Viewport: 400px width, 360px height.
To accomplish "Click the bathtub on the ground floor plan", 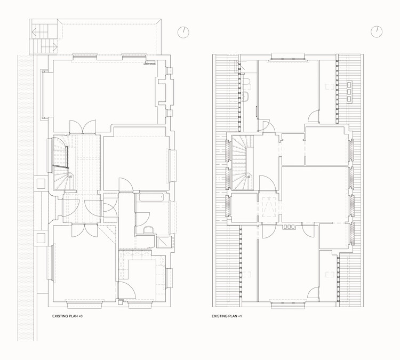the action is pyautogui.click(x=151, y=197).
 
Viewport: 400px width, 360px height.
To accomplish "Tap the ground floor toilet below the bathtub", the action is pyautogui.click(x=148, y=230).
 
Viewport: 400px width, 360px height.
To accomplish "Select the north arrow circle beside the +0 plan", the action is pyautogui.click(x=183, y=33).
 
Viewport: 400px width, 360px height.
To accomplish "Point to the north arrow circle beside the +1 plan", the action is pyautogui.click(x=377, y=32).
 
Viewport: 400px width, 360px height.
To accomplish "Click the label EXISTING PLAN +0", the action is pyautogui.click(x=67, y=316).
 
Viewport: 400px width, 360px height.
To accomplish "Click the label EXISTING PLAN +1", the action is pyautogui.click(x=227, y=316).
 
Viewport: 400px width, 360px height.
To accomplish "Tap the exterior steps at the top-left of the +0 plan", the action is pyautogui.click(x=44, y=37).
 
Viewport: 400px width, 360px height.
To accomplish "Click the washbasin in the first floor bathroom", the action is pyautogui.click(x=246, y=97).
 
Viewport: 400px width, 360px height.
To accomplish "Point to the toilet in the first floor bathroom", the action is pyautogui.click(x=246, y=82).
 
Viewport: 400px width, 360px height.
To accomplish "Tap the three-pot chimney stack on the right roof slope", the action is pyautogui.click(x=349, y=92).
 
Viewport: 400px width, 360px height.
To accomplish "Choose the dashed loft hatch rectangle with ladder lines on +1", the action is pyautogui.click(x=267, y=206).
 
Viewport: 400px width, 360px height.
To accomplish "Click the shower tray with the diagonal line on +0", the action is pyautogui.click(x=163, y=242).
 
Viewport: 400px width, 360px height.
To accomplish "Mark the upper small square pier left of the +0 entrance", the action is pyautogui.click(x=41, y=183).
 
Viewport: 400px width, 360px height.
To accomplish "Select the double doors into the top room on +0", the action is pyautogui.click(x=82, y=127).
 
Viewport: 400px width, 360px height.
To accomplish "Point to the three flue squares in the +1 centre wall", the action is pyautogui.click(x=289, y=227).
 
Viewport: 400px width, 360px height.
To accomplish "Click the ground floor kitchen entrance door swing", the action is pyautogui.click(x=127, y=290).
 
